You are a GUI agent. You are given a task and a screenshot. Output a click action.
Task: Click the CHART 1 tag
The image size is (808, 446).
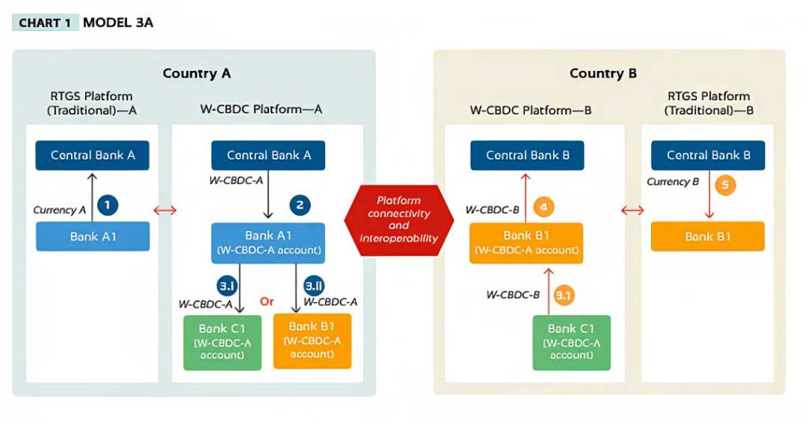point(45,23)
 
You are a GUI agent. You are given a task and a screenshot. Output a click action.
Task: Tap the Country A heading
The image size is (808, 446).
point(196,73)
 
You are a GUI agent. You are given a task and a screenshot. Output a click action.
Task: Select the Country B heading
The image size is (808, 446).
point(603,73)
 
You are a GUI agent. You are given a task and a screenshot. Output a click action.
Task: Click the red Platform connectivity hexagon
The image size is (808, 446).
point(398,220)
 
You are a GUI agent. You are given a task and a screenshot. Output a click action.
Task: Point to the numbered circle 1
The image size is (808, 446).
point(107,205)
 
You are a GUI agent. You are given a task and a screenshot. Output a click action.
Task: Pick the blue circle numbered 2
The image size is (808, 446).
point(300,205)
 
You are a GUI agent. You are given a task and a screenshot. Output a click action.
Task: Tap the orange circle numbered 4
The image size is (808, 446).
point(544,208)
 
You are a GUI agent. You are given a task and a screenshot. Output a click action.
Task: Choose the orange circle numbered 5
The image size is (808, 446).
point(725,185)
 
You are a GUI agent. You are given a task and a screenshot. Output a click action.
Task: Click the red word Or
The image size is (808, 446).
point(267,302)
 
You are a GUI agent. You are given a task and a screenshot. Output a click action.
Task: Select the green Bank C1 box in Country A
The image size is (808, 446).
point(223,343)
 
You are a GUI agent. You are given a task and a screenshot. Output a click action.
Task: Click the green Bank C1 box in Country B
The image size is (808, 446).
point(571,343)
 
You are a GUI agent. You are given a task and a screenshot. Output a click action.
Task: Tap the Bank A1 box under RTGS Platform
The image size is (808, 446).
point(93,237)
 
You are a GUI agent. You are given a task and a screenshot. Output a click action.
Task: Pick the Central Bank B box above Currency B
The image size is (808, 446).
point(708,156)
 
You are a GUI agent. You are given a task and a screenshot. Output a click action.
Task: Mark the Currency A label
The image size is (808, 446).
point(59,210)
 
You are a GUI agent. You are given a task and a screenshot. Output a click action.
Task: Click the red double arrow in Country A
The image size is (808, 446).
point(165,210)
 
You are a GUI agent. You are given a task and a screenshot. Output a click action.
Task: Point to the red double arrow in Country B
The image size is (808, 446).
point(632,210)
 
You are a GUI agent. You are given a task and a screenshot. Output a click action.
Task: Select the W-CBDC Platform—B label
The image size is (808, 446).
point(531,111)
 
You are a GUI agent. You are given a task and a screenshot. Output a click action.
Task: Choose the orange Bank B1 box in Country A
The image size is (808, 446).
point(312,341)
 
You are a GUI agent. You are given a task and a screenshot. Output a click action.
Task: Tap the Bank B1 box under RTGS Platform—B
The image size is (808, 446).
point(708,237)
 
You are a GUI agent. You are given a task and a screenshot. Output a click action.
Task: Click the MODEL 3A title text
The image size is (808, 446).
point(118,23)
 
